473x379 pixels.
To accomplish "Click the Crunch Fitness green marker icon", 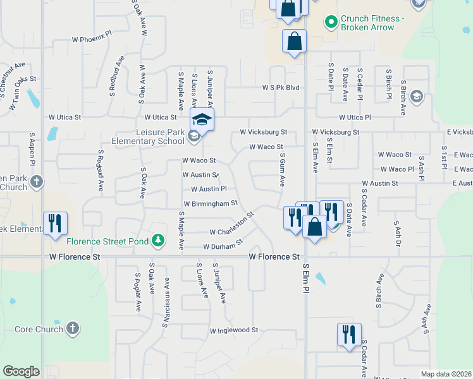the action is [x=330, y=23].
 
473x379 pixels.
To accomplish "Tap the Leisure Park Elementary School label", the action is [x=149, y=136].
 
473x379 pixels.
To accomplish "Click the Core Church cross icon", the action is [x=73, y=328].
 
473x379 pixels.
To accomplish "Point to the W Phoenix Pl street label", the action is [x=92, y=39].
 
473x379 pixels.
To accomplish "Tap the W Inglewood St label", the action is [x=235, y=330].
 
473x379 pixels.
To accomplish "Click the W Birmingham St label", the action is [x=211, y=203].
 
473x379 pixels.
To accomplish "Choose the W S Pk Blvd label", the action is [x=281, y=88].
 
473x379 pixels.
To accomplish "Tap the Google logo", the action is [x=21, y=371].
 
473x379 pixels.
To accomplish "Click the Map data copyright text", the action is [x=446, y=374].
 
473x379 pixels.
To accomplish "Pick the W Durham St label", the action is [x=223, y=244].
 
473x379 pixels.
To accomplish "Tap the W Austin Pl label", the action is [x=208, y=189].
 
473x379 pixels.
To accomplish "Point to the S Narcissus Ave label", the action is [x=166, y=303].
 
